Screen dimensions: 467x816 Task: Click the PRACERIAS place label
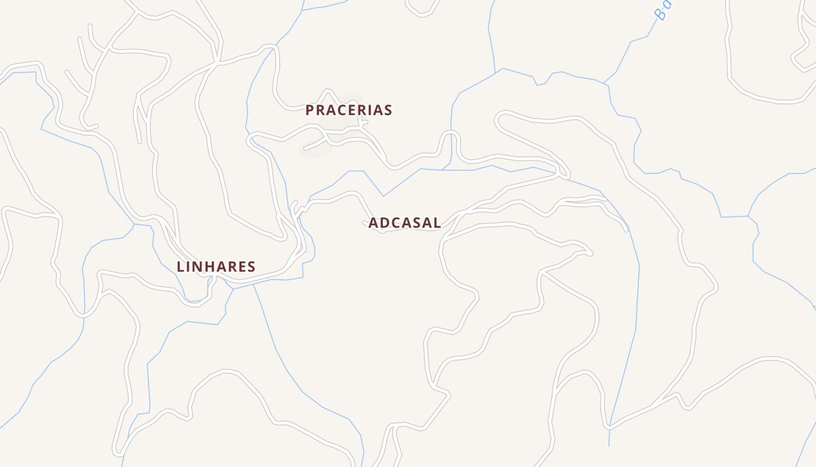click(x=349, y=110)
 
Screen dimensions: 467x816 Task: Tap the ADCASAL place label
click(x=405, y=222)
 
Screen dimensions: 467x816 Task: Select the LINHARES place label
click(x=216, y=267)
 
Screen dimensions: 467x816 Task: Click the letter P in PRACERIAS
click(x=310, y=110)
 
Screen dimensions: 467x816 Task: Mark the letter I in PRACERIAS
click(x=375, y=110)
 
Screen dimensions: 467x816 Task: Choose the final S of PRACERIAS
click(x=388, y=110)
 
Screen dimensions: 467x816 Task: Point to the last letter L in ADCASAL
click(x=437, y=222)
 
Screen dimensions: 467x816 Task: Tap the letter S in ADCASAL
click(x=417, y=222)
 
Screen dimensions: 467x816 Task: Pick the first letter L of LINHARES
click(x=181, y=267)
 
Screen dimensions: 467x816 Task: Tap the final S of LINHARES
click(x=251, y=267)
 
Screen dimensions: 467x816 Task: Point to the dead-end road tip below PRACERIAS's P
click(x=305, y=149)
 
